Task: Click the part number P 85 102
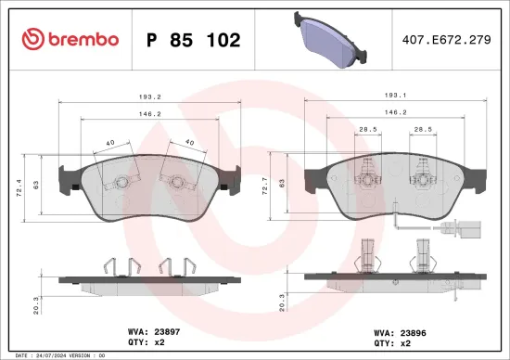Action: (193, 40)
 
